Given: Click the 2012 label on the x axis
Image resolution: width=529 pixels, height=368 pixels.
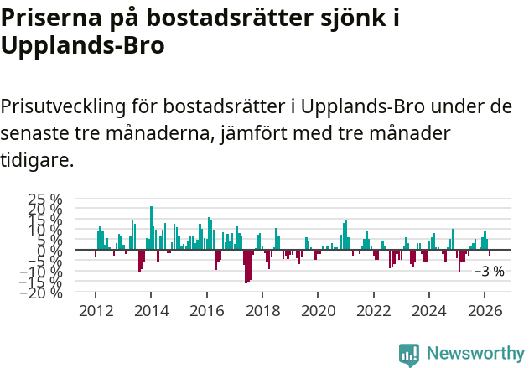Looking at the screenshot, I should tap(96, 310).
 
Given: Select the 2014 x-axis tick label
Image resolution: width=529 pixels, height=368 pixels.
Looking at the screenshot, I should tap(151, 310).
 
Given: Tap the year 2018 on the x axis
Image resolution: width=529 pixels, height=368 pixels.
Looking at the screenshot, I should tap(262, 310).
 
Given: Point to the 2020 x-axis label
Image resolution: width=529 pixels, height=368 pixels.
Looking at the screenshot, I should tap(318, 310).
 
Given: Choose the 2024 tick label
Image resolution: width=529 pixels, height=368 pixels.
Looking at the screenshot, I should tap(429, 310).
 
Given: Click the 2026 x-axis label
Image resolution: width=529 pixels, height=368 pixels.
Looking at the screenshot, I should tap(485, 310).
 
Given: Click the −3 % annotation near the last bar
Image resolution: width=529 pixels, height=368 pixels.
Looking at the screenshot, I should tap(489, 271).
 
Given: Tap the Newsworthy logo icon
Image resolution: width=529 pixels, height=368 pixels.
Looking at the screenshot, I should tap(409, 354).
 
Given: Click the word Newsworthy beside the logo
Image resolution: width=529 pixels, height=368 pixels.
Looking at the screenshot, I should tap(475, 354).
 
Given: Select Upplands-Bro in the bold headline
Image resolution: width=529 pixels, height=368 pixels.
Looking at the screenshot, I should tap(82, 45).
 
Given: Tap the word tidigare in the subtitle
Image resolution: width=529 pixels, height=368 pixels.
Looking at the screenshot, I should tap(37, 159).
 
